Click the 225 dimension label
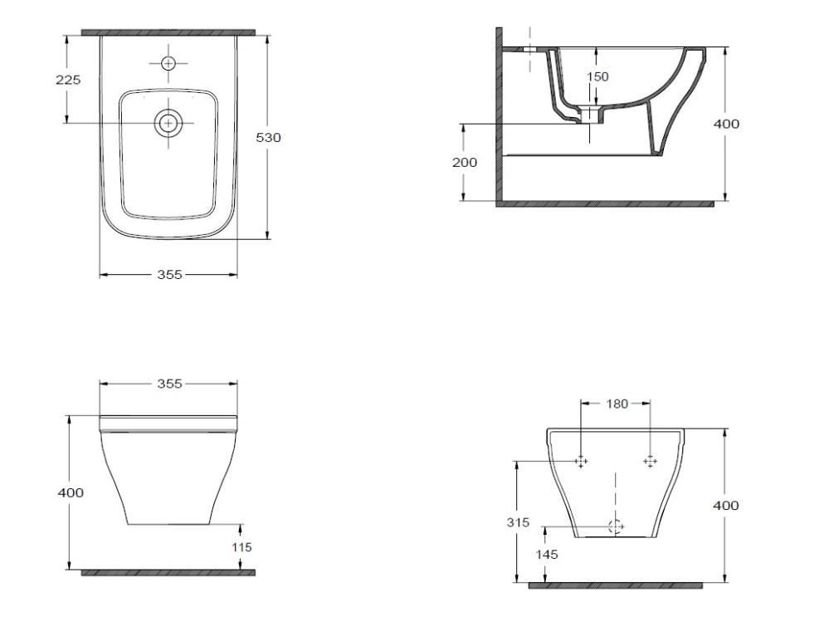click(x=68, y=80)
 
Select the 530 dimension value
click(x=268, y=138)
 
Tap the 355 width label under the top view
click(x=169, y=275)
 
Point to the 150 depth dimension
click(x=597, y=76)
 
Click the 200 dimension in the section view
click(x=464, y=163)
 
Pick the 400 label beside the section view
click(x=726, y=124)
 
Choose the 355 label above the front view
click(x=169, y=384)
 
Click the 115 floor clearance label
click(x=241, y=547)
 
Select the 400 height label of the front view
click(x=71, y=492)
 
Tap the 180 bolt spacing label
click(x=617, y=404)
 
